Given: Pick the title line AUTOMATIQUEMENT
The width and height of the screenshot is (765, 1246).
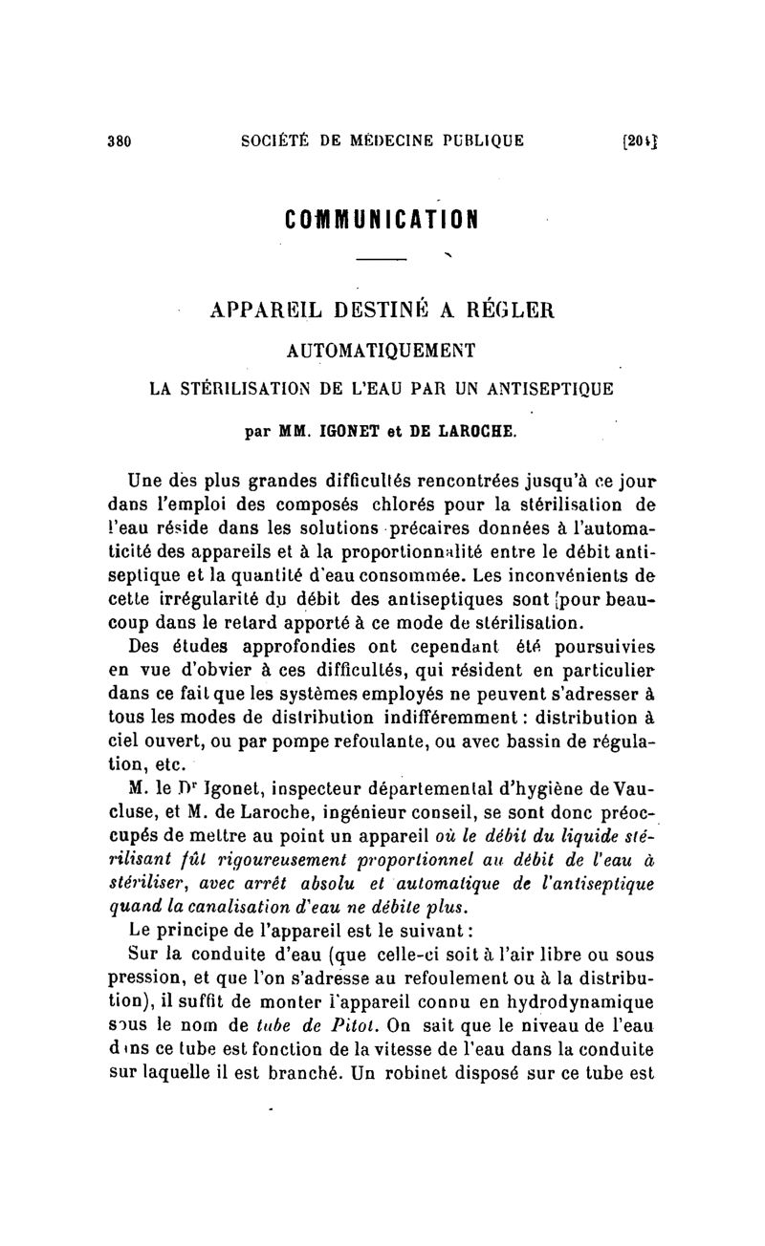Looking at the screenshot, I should coord(382,351).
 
